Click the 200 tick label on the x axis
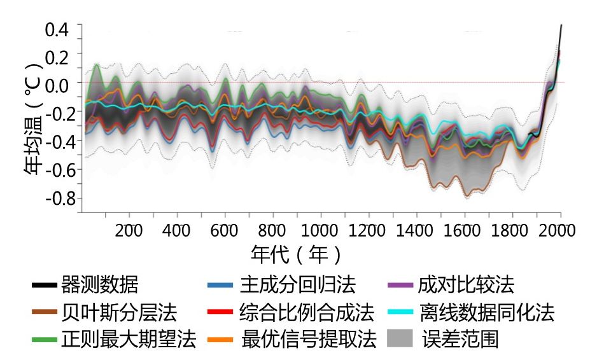[130, 230]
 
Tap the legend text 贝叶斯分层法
[120, 312]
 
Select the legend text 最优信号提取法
[309, 338]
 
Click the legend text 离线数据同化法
[486, 312]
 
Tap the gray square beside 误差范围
[400, 338]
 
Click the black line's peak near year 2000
[561, 25]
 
